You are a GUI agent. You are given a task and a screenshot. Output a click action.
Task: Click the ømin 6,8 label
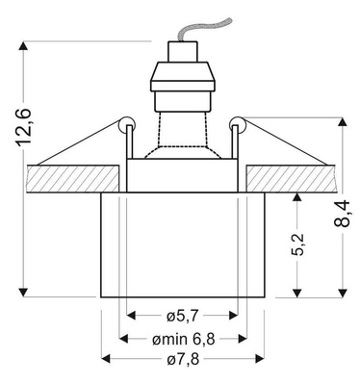pyautogui.click(x=183, y=338)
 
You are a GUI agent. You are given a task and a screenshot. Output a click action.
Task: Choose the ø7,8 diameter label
pyautogui.click(x=183, y=360)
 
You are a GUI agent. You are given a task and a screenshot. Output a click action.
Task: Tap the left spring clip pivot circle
pyautogui.click(x=124, y=121)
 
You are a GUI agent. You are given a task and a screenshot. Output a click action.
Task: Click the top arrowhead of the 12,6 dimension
pyautogui.click(x=23, y=46)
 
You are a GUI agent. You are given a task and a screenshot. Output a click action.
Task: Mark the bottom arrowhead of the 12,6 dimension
pyautogui.click(x=23, y=290)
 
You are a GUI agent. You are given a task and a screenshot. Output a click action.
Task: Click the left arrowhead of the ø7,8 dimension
pyautogui.click(x=107, y=359)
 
